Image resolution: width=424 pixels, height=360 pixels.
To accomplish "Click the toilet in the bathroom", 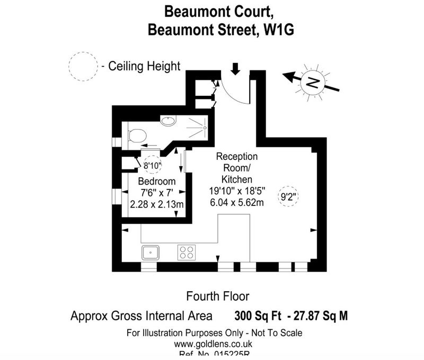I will click(137, 136).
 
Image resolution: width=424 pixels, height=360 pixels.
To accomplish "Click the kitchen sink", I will click(151, 252).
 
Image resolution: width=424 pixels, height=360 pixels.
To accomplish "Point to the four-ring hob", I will click(185, 252).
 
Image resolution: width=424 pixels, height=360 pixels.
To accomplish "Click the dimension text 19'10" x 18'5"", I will click(236, 191).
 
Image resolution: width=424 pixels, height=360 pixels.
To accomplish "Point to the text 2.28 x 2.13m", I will click(157, 204).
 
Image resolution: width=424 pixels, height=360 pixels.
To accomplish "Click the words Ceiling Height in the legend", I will click(144, 67).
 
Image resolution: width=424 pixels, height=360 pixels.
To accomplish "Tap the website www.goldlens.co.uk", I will click(214, 343).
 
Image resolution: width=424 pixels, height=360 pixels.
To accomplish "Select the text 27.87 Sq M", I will click(321, 317).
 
